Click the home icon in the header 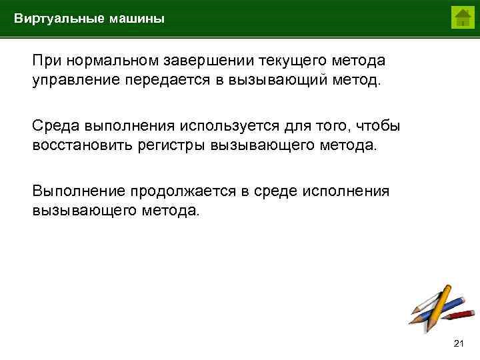[462, 17]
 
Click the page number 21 [457, 343]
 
